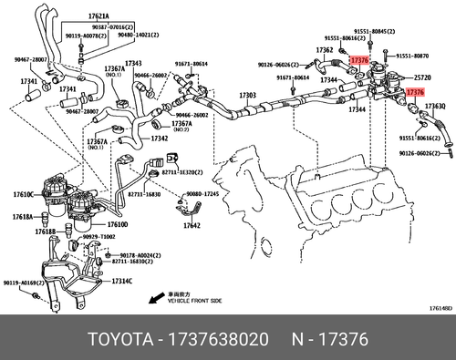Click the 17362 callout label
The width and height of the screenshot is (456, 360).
pyautogui.click(x=326, y=50)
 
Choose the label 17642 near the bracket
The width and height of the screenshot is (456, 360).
pyautogui.click(x=192, y=225)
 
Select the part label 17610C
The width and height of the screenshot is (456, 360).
pyautogui.click(x=24, y=194)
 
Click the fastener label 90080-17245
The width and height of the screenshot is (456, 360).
pyautogui.click(x=205, y=195)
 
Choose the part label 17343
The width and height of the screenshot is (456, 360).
pyautogui.click(x=134, y=63)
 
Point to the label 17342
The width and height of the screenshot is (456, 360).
pyautogui.click(x=159, y=139)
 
